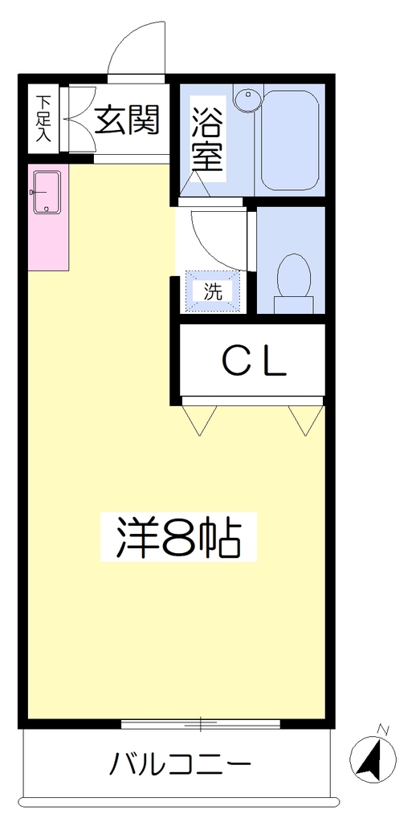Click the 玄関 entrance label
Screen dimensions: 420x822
(x=127, y=120)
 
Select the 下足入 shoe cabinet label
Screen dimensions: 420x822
(x=43, y=119)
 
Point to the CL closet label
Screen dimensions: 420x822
(x=255, y=361)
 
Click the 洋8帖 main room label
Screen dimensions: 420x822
(x=178, y=537)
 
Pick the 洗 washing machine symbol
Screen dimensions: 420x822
(x=213, y=292)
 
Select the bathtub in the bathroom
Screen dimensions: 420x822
(x=290, y=140)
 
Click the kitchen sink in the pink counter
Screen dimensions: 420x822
(x=47, y=193)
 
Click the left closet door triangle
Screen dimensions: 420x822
(x=198, y=420)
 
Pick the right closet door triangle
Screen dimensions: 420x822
(x=306, y=420)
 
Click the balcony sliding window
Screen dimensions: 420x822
(x=200, y=724)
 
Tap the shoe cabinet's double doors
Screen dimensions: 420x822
(x=80, y=120)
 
